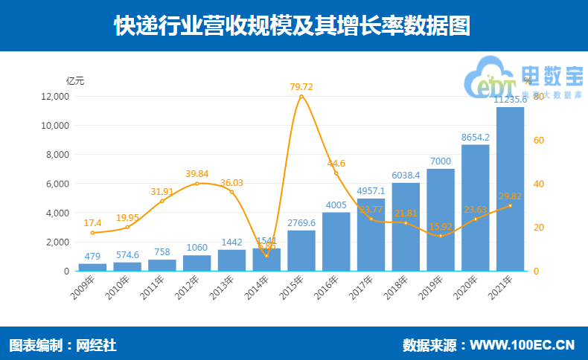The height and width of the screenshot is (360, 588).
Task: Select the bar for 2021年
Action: (510, 189)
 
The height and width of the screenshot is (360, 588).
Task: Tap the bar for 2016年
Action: (336, 242)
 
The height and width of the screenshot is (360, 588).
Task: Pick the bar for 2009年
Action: (92, 267)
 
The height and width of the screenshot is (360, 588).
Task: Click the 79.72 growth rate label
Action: (301, 87)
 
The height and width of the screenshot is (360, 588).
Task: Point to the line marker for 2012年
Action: (196, 184)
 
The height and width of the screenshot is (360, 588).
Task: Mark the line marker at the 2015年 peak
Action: (301, 97)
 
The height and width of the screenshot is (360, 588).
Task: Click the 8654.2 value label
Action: (475, 137)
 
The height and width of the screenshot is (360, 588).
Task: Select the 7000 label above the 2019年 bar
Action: (441, 161)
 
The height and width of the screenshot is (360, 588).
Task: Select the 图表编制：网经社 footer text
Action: (63, 345)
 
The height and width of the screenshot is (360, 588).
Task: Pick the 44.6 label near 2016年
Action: (336, 164)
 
